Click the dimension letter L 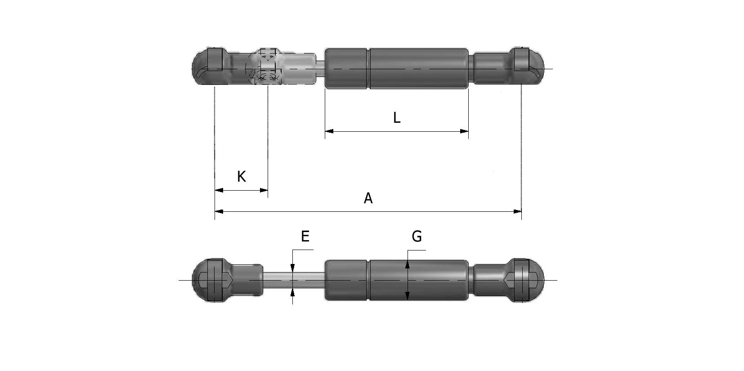point(396,118)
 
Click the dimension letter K point(241,177)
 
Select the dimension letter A point(368,198)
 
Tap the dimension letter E point(305,236)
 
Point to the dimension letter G point(417,236)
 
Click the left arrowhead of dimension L point(329,131)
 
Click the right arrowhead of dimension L point(464,131)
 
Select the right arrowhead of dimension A point(517,211)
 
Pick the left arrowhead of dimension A point(219,211)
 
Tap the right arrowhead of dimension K point(264,190)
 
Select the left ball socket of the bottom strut point(209,280)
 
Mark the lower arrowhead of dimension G point(407,295)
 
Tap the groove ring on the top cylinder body point(369,67)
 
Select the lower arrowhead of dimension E point(293,292)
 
